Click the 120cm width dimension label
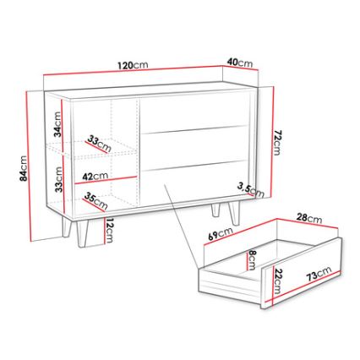(133, 65)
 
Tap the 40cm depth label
(240, 63)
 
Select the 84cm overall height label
(23, 168)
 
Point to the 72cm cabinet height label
(277, 143)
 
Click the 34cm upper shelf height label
(57, 124)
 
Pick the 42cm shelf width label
(95, 177)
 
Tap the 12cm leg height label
(109, 230)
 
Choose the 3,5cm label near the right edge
(250, 190)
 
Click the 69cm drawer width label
(221, 233)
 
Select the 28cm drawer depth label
(308, 217)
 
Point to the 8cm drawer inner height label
(252, 260)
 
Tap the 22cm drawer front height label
(277, 281)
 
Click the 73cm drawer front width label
(319, 274)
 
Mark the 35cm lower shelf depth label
(95, 200)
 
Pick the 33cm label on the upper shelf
(99, 143)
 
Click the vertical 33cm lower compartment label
(58, 179)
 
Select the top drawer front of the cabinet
(195, 113)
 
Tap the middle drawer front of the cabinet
(195, 149)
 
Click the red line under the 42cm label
(106, 180)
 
